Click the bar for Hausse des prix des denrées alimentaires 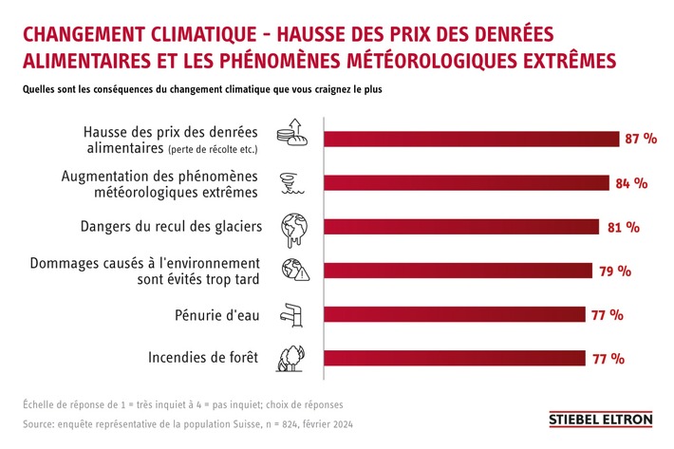[470, 140]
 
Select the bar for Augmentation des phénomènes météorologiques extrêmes [466, 183]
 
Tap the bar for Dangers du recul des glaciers [461, 227]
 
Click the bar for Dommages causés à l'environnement [458, 271]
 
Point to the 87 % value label [641, 140]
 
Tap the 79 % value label [615, 271]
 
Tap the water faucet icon [290, 314]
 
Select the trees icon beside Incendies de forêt [290, 358]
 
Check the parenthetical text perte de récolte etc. [219, 150]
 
